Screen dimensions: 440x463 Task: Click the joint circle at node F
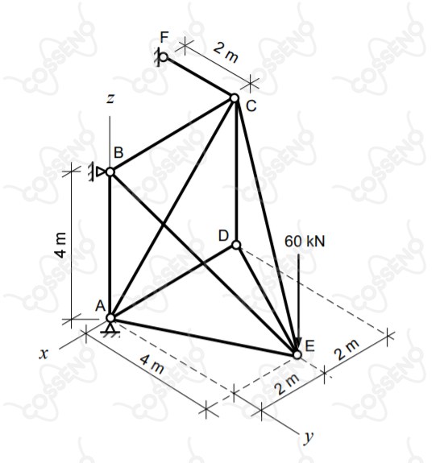click(164, 56)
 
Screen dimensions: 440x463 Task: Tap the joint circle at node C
click(235, 97)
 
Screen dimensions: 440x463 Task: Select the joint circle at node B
click(110, 172)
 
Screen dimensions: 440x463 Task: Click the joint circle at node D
click(236, 245)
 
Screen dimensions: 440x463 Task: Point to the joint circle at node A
click(110, 318)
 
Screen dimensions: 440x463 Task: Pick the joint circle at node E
click(297, 354)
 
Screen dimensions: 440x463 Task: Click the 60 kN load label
click(305, 242)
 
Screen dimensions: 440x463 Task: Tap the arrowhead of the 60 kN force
click(298, 345)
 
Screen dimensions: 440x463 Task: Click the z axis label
click(110, 98)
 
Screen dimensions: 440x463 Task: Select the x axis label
click(44, 353)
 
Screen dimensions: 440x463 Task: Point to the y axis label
click(309, 436)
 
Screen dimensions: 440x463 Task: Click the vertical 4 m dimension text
click(61, 245)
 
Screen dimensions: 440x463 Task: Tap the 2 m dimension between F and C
click(225, 52)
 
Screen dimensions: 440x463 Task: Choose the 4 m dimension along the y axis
click(152, 365)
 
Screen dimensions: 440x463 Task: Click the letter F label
click(164, 37)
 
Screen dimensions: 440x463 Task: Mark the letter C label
click(251, 106)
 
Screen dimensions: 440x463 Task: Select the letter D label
click(223, 236)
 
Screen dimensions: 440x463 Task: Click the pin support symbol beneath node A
click(110, 329)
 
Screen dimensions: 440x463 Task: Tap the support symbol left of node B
click(96, 172)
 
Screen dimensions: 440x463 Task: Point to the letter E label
click(309, 345)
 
